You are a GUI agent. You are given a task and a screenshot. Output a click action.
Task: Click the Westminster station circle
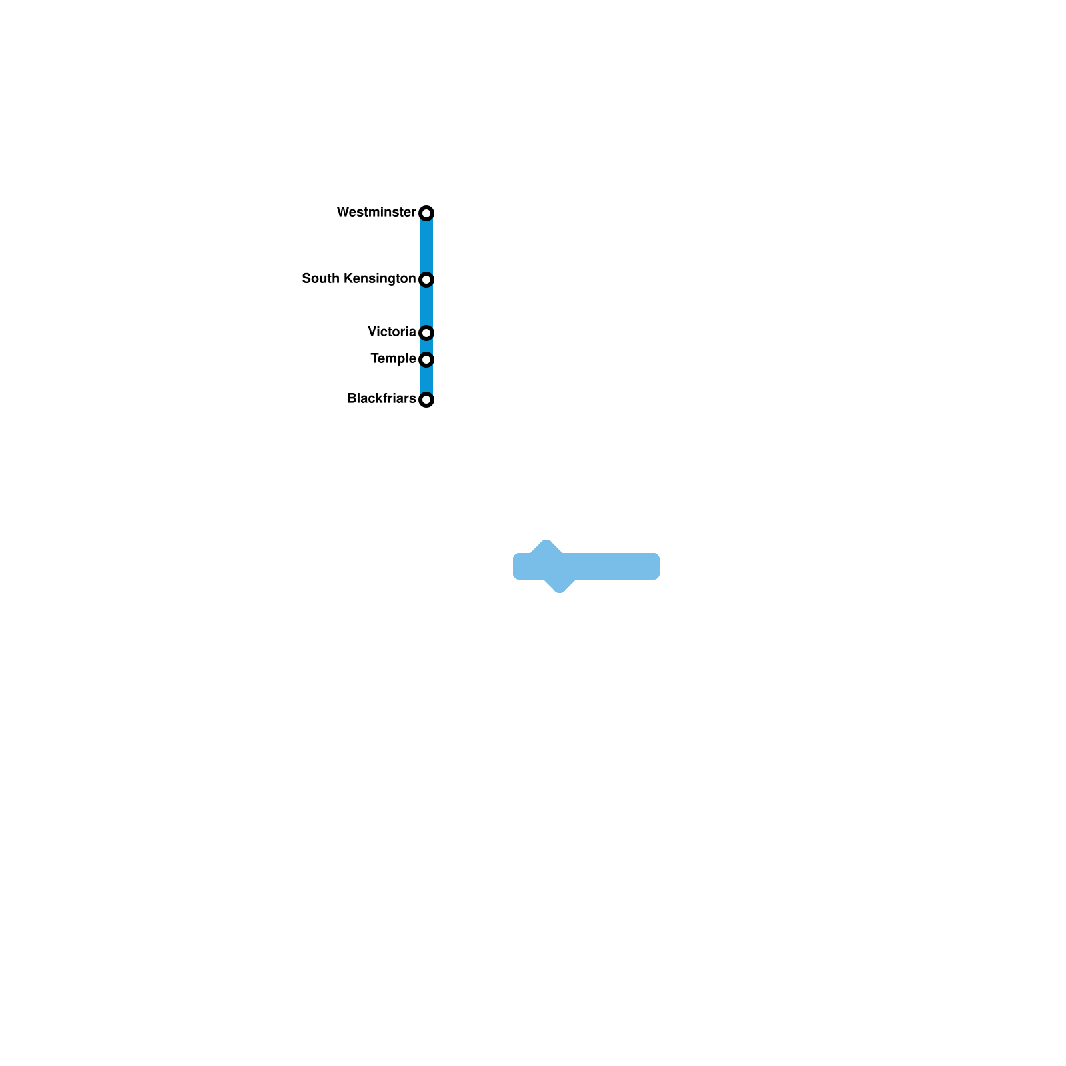pos(426,213)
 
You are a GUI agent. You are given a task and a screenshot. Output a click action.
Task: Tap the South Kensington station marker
pos(426,279)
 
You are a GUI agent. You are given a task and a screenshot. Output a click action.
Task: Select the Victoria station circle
pos(426,332)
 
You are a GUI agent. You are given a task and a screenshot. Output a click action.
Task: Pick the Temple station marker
pos(426,359)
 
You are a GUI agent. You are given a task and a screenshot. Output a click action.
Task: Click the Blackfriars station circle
pos(426,400)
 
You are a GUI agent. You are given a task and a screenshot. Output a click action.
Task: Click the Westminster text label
pos(376,212)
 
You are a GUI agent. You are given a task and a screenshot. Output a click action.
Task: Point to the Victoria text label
pos(392,332)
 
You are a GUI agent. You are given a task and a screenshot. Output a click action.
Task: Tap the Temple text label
pos(393,358)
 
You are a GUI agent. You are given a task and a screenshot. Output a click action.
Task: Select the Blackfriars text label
pos(381,398)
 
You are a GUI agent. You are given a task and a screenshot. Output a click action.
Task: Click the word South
pos(320,278)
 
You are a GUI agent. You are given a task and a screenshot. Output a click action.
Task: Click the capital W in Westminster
pos(342,212)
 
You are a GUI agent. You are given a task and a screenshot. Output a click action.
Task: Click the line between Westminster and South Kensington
pos(426,246)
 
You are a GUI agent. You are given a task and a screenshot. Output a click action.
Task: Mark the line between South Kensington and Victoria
pos(426,306)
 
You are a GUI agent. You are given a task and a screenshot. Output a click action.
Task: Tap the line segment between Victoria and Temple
pos(426,346)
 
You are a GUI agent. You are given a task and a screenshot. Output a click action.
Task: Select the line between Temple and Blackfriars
pos(426,380)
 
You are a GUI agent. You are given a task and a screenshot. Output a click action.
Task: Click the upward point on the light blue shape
pos(546,542)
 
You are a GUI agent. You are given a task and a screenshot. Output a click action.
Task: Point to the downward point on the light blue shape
pos(560,589)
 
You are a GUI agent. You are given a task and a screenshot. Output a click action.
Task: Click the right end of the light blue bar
pos(656,566)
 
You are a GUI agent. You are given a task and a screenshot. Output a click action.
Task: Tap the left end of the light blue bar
pos(517,566)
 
